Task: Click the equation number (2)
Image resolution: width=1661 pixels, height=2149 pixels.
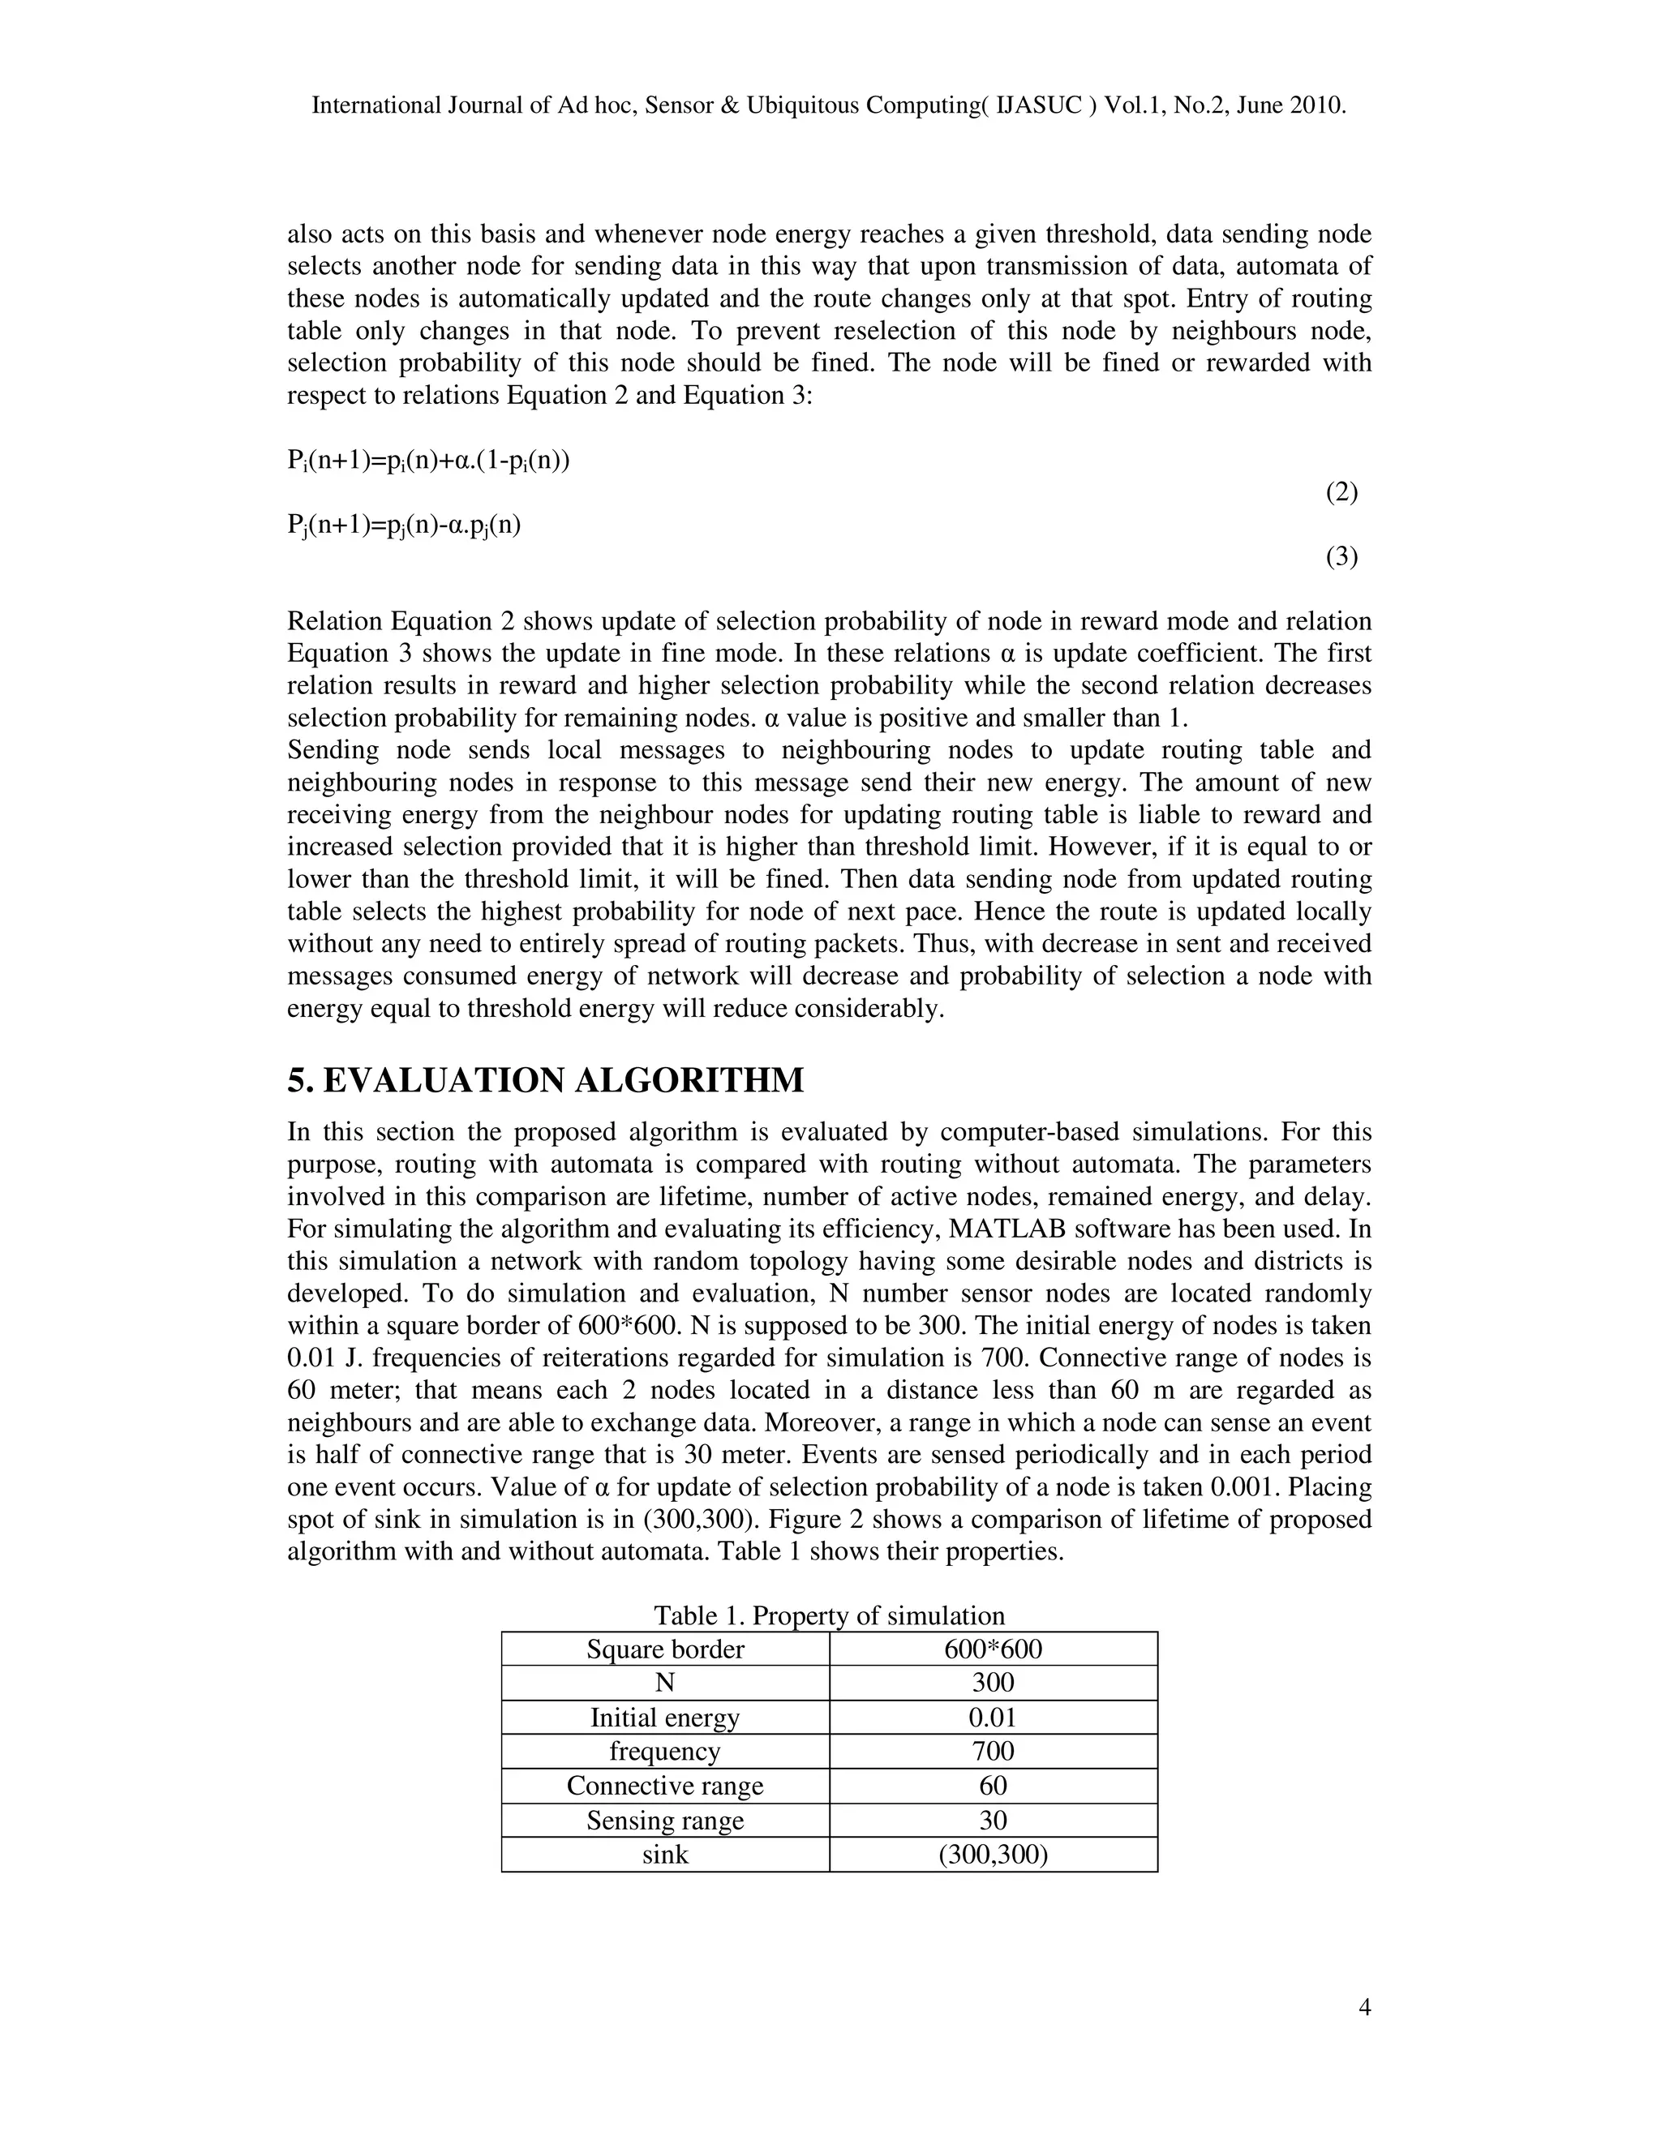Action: (1341, 492)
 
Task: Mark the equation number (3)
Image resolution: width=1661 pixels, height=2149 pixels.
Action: (1341, 557)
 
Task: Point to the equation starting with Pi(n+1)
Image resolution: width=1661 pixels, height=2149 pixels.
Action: (429, 461)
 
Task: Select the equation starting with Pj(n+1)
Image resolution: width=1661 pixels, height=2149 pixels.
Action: (403, 525)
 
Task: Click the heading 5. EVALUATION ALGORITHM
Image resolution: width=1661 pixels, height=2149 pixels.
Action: (545, 1080)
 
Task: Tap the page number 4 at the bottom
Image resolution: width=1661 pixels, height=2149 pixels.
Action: (1364, 2008)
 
